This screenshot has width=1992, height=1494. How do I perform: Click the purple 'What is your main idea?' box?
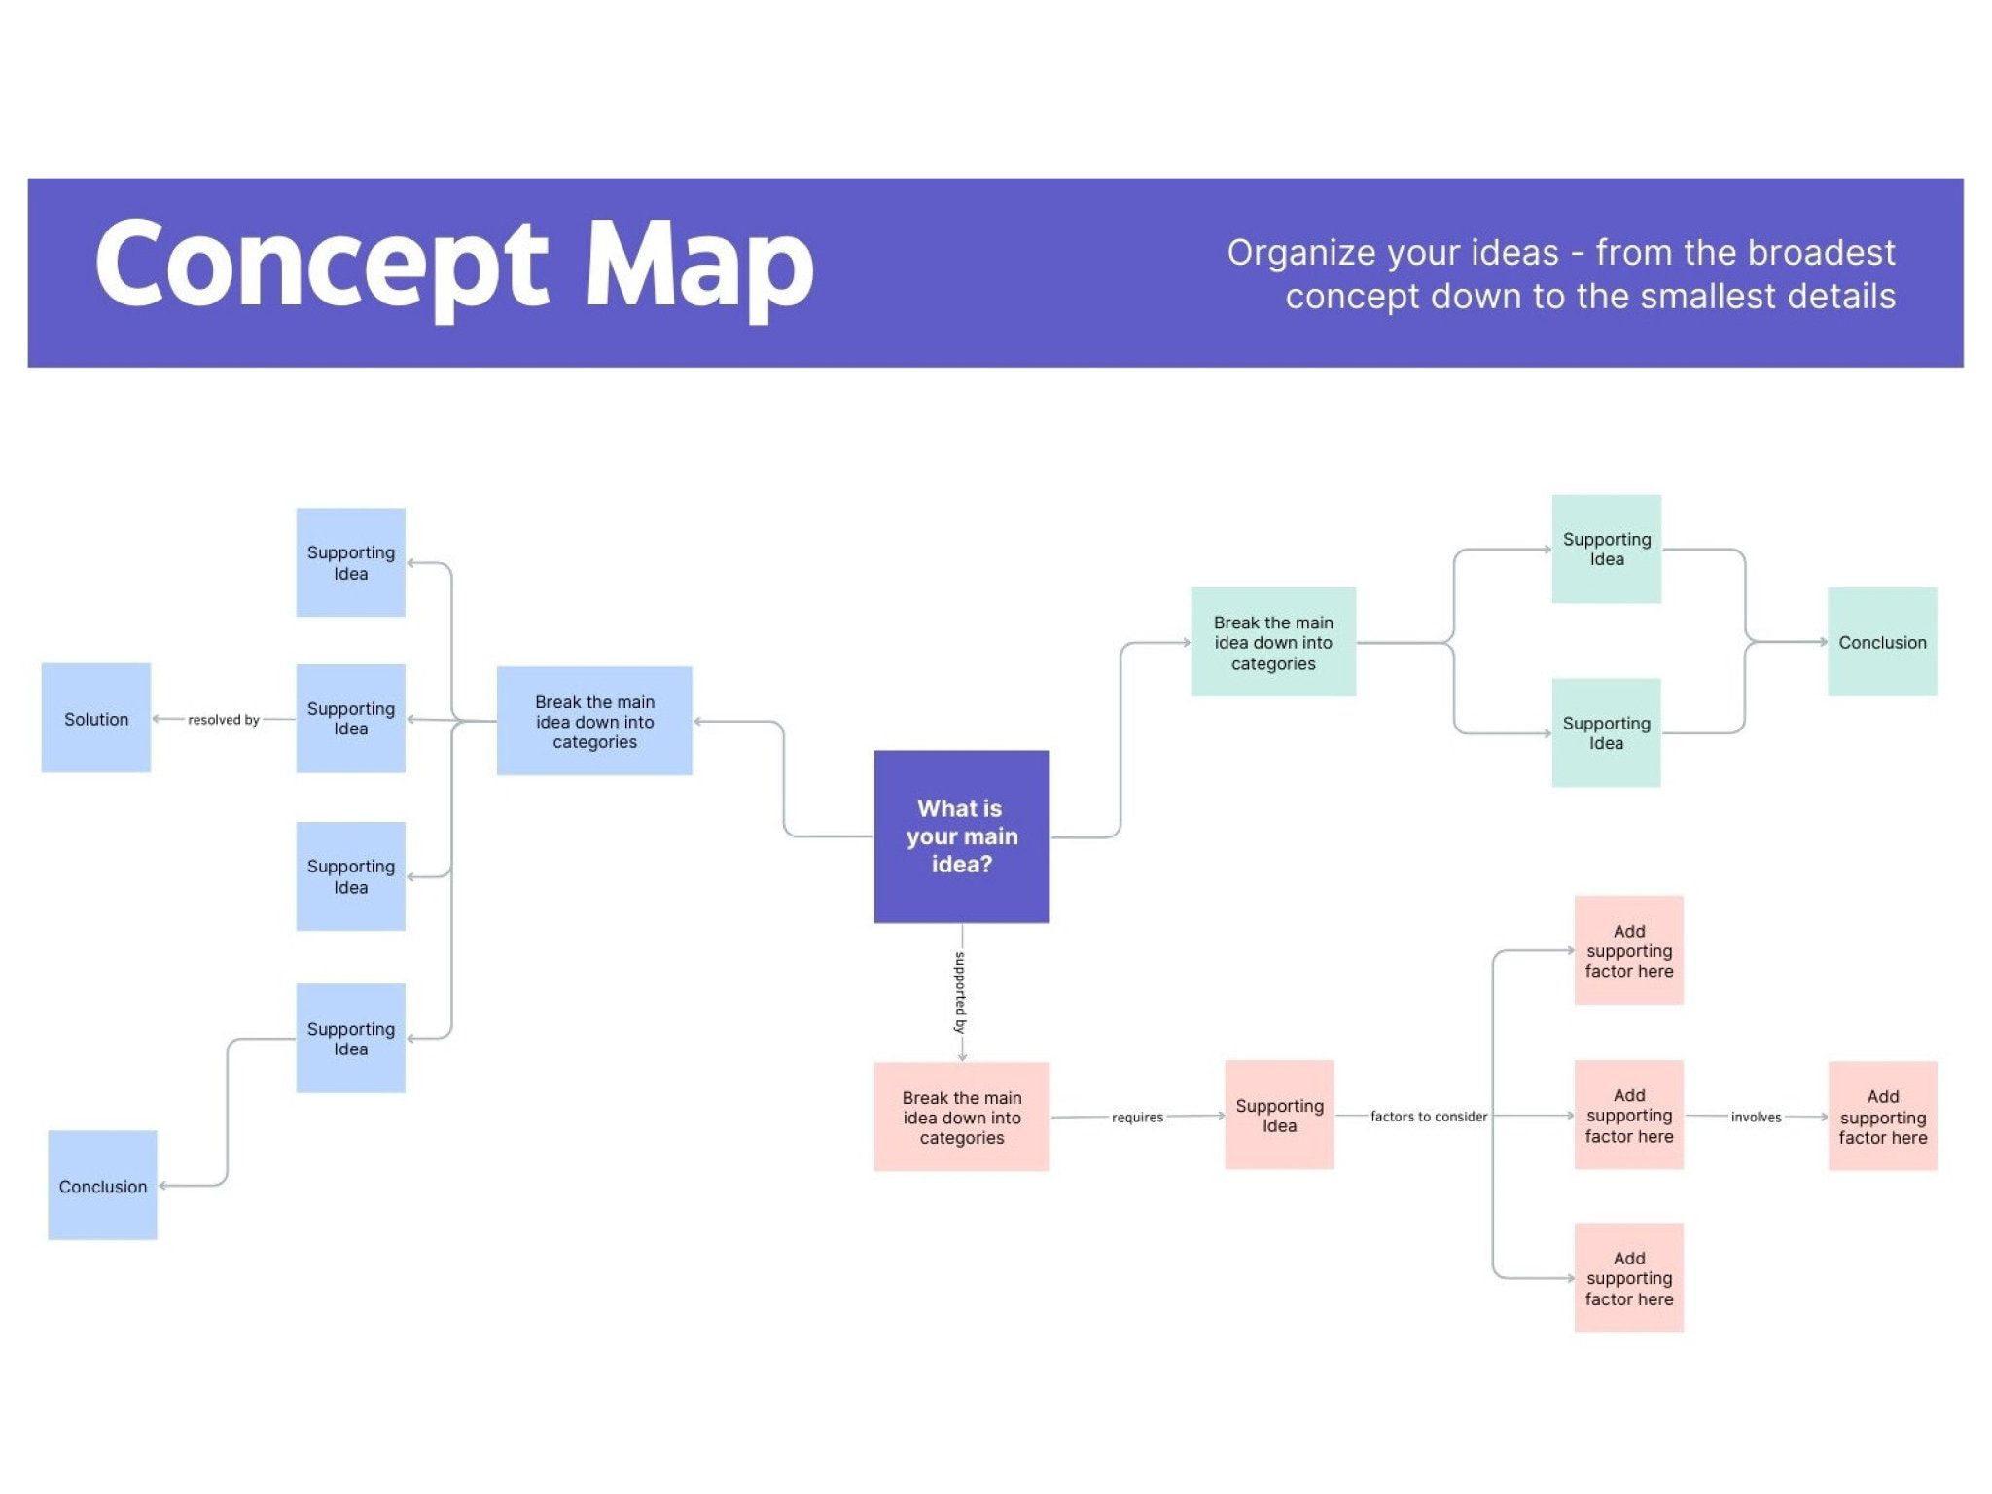[961, 836]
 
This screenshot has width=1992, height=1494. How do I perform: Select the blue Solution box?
[96, 718]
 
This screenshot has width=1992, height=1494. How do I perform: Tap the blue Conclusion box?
[102, 1185]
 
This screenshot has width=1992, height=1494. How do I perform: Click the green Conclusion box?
[1881, 642]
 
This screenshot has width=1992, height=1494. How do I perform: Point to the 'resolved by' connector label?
[223, 720]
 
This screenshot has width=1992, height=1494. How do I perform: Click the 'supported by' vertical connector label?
[961, 992]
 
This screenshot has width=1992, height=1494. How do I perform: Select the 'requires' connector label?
[1137, 1117]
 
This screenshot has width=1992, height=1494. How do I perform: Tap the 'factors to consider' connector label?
[1428, 1116]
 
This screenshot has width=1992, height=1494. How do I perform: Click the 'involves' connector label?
[1756, 1117]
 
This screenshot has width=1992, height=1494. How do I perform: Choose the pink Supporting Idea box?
[1279, 1115]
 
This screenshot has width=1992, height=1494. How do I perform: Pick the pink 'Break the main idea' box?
[961, 1117]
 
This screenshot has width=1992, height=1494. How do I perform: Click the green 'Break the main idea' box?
[1272, 642]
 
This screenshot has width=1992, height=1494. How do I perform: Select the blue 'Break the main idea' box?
[594, 721]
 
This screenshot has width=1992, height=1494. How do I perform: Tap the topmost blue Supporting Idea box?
[350, 562]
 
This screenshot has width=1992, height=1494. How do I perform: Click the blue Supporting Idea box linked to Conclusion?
[350, 1038]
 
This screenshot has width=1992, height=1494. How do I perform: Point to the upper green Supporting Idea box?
[1606, 549]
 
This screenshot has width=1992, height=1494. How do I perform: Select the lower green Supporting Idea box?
[1606, 732]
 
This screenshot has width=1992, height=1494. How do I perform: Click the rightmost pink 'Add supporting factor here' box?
[1882, 1116]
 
